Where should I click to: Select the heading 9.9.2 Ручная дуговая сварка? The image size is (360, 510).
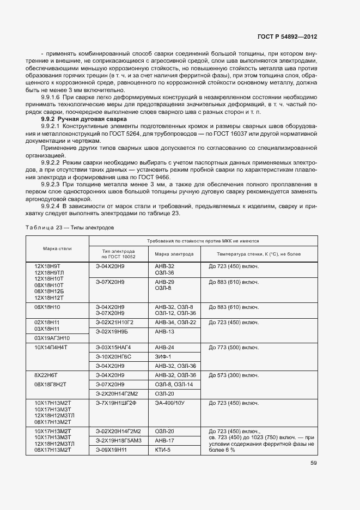[x=84, y=119]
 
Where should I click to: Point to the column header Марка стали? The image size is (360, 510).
[x=57, y=248]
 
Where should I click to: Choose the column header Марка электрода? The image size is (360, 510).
[x=174, y=254]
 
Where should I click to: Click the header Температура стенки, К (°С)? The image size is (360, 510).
[x=259, y=254]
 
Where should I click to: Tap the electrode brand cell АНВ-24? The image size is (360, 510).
[x=164, y=347]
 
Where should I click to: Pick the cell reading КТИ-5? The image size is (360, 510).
[x=163, y=450]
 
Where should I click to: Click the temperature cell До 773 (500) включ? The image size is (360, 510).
[x=234, y=347]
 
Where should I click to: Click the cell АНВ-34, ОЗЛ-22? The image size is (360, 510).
[x=175, y=322]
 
